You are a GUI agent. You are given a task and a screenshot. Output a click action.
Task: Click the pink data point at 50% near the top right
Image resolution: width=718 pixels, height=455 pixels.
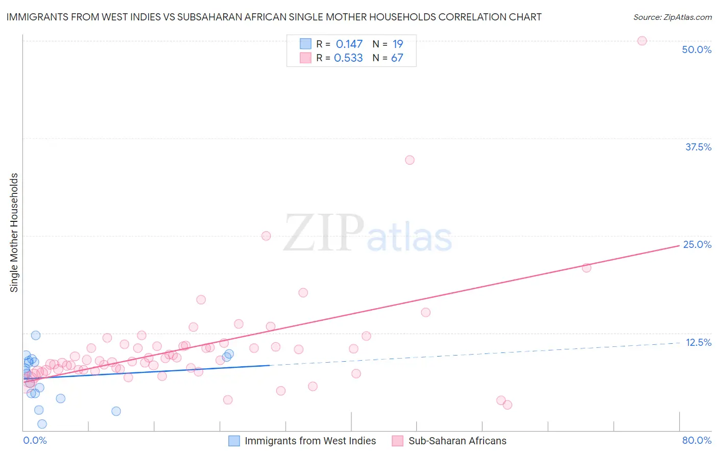point(642,41)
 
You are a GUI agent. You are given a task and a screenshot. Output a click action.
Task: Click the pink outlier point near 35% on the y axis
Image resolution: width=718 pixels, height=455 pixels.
point(410,160)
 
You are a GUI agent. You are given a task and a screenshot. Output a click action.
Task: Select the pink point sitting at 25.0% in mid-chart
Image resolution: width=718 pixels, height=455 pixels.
point(266,236)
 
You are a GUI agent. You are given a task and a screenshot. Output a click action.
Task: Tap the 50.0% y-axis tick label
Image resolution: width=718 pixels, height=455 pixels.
point(697,49)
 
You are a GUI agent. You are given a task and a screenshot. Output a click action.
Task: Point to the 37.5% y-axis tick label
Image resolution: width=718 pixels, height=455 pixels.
point(698,147)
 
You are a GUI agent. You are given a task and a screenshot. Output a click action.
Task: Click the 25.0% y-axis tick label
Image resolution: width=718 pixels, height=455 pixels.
point(697,244)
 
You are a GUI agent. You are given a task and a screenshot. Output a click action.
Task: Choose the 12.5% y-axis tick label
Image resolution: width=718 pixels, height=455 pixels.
point(698,342)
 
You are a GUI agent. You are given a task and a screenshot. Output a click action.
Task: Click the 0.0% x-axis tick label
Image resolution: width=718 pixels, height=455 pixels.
point(35,440)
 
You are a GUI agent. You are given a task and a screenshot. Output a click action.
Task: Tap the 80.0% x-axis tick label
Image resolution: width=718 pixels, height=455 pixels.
point(697,440)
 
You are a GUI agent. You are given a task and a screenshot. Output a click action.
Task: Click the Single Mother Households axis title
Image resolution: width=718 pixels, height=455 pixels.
point(14,233)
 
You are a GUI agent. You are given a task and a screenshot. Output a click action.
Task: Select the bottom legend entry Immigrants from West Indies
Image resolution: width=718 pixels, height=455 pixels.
point(309,441)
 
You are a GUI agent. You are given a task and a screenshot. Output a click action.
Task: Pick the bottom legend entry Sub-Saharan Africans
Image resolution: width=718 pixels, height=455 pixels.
point(457,441)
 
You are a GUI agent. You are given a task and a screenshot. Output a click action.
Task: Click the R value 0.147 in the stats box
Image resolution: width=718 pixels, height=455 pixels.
point(349,44)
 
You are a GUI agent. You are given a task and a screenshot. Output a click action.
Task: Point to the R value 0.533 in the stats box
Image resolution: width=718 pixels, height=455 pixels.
point(348,58)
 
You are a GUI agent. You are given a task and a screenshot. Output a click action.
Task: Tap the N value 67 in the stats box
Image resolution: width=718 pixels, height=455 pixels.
point(397,58)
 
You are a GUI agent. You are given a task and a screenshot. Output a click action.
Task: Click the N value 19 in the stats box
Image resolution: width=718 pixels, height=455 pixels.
point(397,44)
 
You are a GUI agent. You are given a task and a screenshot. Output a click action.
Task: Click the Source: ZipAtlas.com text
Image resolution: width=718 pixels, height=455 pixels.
point(672,17)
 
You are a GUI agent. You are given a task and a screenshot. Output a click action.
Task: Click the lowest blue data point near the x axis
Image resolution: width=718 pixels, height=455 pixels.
point(42,424)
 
